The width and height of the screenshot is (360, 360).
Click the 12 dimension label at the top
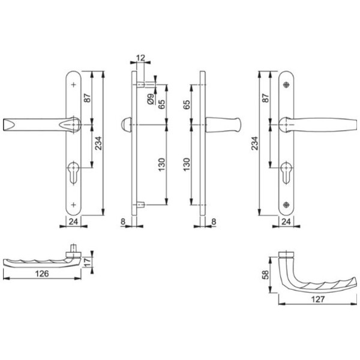(140, 58)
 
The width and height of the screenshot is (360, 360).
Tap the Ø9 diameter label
(151, 99)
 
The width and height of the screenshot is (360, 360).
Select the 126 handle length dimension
(42, 274)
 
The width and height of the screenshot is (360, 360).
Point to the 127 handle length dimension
(318, 299)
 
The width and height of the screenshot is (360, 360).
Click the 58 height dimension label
(265, 275)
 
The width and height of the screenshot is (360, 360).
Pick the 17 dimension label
(88, 262)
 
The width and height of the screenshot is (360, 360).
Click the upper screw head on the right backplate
(286, 85)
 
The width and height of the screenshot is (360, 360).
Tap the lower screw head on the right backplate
(286, 205)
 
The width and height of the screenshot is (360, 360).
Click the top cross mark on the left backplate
(73, 85)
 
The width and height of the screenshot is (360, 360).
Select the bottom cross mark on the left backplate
(73, 205)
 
